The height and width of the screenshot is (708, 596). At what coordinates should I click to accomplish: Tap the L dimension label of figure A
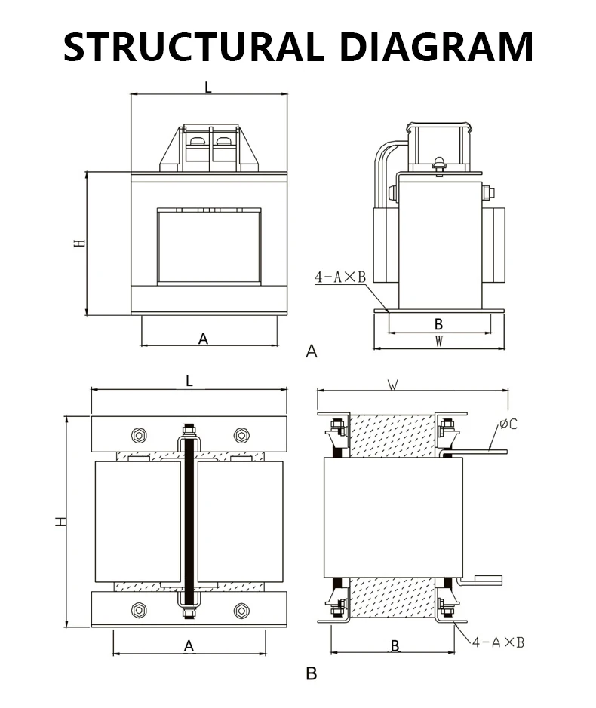click(208, 87)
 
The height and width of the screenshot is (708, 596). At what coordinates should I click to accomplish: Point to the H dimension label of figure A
click(78, 244)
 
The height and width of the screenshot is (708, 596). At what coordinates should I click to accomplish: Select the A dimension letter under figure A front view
click(203, 339)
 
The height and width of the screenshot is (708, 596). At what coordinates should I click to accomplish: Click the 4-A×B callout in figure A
click(339, 278)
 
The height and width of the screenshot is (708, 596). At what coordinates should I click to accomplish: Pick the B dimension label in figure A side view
click(438, 324)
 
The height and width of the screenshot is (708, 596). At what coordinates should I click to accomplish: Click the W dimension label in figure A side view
click(439, 342)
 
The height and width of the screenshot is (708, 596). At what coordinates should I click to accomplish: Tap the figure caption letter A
click(312, 351)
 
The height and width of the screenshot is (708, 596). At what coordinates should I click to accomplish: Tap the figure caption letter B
click(311, 673)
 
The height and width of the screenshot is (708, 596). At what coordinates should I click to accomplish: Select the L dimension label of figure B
click(189, 382)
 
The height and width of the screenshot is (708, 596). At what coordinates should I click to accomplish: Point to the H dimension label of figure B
click(59, 521)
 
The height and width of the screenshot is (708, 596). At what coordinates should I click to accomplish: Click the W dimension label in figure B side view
click(392, 385)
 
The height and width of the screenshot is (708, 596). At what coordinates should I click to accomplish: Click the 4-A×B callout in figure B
click(498, 642)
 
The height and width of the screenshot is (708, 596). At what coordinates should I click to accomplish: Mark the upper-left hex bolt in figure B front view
click(138, 435)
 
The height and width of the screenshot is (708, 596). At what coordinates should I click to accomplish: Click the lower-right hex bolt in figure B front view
click(241, 610)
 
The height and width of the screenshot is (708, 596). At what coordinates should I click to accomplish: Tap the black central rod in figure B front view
click(189, 520)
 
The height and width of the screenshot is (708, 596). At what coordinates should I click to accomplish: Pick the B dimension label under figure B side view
click(395, 645)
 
